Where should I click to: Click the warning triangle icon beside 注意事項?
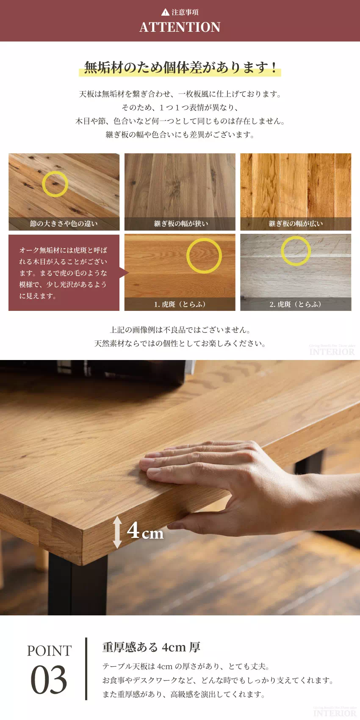point(165,12)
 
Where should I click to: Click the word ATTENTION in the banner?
point(180,27)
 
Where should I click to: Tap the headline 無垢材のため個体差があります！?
point(180,67)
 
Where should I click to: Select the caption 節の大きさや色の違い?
point(64,223)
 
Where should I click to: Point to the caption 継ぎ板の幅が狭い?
point(181,223)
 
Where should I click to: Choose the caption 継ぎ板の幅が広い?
point(296,223)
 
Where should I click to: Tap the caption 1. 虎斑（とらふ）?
point(180,304)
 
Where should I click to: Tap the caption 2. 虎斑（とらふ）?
point(295,304)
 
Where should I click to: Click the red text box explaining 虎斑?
point(64,273)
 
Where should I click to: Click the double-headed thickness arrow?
point(117,532)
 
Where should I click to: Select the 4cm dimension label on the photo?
point(145,530)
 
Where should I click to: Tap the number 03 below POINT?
point(49,679)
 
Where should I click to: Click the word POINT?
point(49,651)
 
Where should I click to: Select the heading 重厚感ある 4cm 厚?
point(151,647)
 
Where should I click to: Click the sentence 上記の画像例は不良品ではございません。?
point(180,330)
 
